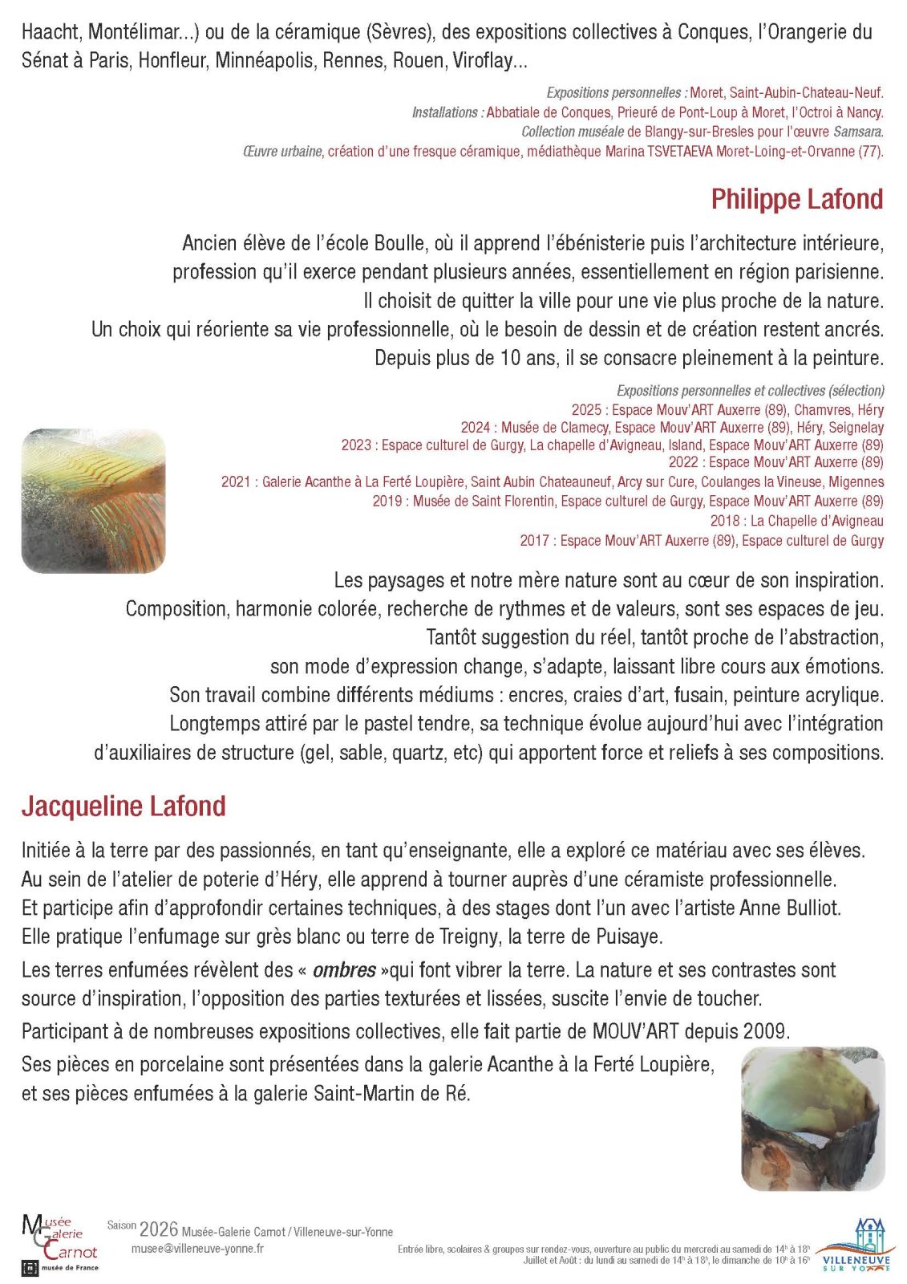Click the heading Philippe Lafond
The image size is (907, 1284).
coord(796,199)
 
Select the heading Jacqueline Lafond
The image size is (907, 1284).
coord(123,806)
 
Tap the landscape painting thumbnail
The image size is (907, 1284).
coord(93,501)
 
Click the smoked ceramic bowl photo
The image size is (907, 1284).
coord(812,1118)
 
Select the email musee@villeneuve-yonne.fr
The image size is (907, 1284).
coord(197,1249)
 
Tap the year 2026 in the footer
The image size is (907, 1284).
coord(158,1229)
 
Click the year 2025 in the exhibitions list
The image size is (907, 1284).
coord(586,410)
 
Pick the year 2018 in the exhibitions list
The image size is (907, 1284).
coord(725,521)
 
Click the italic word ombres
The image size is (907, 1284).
coord(344,970)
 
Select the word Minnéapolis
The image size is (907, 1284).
coord(264,60)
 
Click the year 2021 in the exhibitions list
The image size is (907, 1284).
coord(236,482)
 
